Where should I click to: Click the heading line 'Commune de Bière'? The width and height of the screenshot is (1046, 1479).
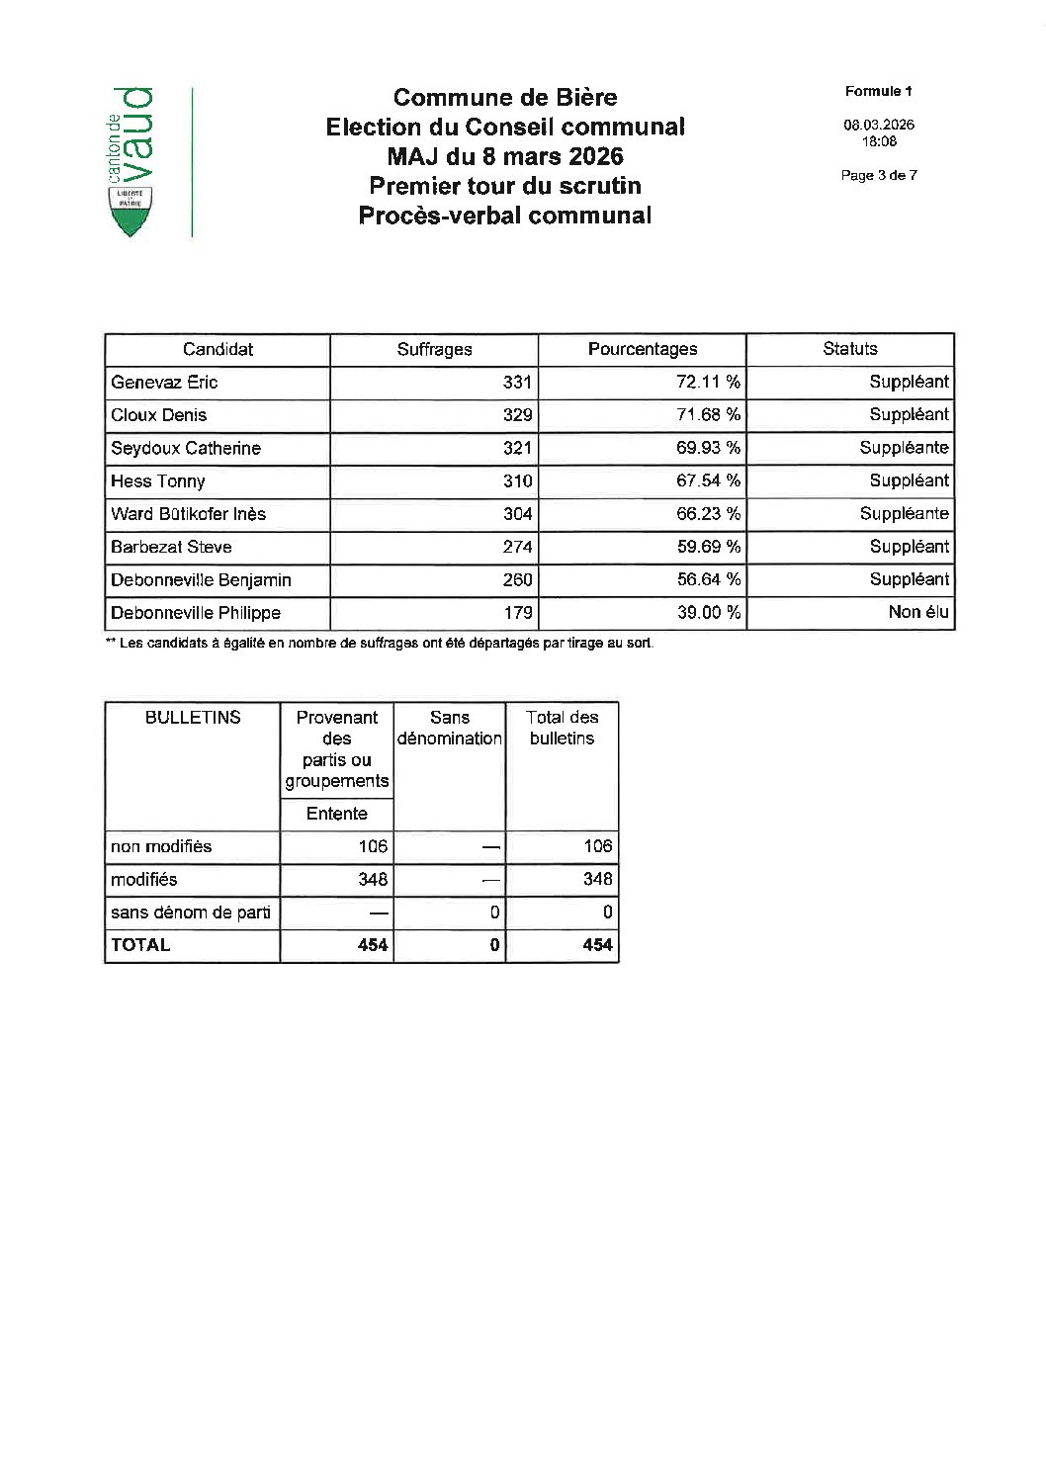coord(504,97)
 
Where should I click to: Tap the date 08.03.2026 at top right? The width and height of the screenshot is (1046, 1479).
coord(878,125)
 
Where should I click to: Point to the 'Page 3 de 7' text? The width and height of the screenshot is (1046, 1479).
coord(878,175)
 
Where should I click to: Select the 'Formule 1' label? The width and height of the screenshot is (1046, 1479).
coord(878,91)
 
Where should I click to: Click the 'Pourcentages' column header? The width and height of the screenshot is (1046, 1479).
coord(642,349)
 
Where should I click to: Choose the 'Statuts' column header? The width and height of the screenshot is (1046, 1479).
coord(849,349)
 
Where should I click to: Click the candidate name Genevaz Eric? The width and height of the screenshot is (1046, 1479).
coord(164,383)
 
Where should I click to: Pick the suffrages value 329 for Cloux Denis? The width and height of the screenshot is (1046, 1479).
coord(517,415)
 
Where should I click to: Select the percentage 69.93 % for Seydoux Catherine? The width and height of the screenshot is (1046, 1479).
coord(708,448)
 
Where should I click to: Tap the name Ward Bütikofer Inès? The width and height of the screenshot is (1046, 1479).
coord(188,514)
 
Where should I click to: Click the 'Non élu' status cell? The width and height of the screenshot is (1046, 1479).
coord(917,613)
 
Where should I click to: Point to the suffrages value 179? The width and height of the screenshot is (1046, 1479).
coord(517,613)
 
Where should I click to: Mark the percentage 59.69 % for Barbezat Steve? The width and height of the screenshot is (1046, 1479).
coord(708,547)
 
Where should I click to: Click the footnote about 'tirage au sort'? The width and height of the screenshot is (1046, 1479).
coord(380,644)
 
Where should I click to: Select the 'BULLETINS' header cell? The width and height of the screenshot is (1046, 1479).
coord(193,718)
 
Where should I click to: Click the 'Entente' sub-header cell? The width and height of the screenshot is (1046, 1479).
coord(336,814)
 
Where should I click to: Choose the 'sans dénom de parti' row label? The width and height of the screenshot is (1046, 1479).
coord(190,913)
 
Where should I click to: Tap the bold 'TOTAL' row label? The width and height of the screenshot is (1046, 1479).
coord(140,945)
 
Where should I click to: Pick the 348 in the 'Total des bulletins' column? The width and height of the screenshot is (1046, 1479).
coord(597,879)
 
